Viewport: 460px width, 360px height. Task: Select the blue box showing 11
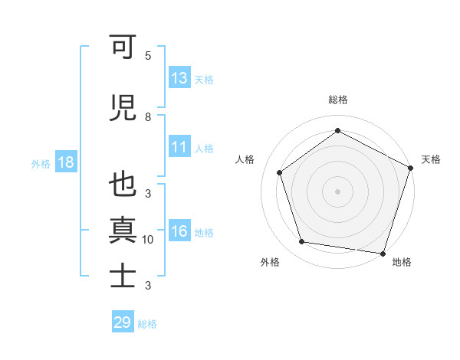coord(179,148)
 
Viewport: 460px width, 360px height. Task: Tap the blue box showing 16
coord(179,232)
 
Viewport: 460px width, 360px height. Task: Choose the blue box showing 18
coord(65,163)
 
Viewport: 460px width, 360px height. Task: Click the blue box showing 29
coord(123,322)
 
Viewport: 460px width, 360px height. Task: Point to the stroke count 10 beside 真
coord(148,240)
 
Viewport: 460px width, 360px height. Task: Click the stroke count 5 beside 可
coord(148,56)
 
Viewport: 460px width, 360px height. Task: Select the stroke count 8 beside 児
coord(148,116)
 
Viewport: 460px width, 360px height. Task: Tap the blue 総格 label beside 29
coord(147,324)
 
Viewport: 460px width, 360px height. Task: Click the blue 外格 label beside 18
coord(41,164)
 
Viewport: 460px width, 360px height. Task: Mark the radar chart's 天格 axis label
coord(431,159)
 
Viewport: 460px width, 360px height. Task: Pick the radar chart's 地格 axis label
coord(402,262)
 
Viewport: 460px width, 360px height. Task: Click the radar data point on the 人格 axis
coord(280,172)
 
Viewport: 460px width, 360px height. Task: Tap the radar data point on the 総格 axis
coord(337,130)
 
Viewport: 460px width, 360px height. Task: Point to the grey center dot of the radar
coord(337,191)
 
